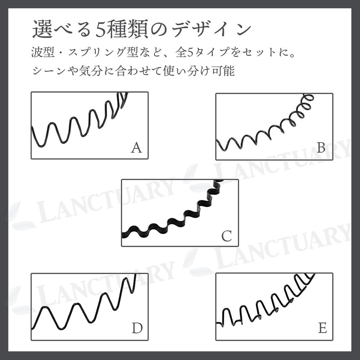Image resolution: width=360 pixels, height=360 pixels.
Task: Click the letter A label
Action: [136, 148]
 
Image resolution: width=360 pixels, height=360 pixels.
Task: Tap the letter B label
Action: [321, 148]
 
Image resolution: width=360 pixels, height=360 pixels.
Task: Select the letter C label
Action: [227, 236]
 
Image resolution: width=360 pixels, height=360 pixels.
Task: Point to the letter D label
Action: [137, 328]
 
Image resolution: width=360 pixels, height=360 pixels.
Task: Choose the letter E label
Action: [322, 328]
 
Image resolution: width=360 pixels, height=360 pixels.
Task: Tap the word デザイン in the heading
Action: [211, 30]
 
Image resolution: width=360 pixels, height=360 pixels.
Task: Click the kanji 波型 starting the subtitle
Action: [43, 53]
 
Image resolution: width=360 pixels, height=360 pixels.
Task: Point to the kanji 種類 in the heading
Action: [127, 29]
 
